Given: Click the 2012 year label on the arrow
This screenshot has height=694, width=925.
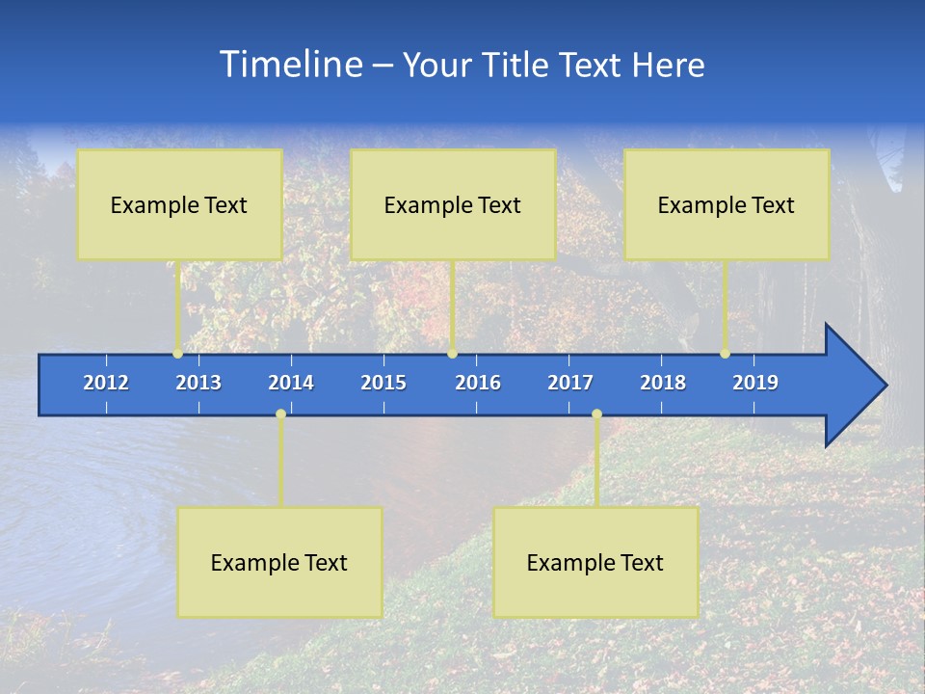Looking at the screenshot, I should [106, 383].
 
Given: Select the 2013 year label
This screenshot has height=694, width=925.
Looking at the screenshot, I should [198, 383].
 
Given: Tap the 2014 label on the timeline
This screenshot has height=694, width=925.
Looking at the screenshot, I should [291, 383].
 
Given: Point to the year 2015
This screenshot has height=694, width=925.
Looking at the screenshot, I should [383, 383].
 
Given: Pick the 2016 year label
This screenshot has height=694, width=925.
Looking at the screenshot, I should [478, 383].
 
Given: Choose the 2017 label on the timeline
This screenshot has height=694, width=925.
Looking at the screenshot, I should [570, 383].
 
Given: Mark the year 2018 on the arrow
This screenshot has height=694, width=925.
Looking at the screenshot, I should [663, 383].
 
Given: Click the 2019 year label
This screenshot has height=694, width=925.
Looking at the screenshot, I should [755, 383].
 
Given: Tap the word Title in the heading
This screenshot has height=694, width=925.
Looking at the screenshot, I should [515, 66].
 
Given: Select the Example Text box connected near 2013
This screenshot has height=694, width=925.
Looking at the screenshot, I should [179, 204].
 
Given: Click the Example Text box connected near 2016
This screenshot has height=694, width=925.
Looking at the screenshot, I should [453, 204].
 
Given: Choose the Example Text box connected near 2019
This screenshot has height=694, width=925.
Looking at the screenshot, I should [727, 204].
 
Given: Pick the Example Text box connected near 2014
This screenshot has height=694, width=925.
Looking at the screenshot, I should [279, 562].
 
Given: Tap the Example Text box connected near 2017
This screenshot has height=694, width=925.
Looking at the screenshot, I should [595, 562].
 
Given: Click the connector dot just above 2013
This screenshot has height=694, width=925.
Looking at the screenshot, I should [177, 354].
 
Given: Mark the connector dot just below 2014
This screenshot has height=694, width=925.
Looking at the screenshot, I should [280, 414].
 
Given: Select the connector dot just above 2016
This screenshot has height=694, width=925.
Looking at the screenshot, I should [452, 354].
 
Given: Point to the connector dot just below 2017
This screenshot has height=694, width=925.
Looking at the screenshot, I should [596, 414].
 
